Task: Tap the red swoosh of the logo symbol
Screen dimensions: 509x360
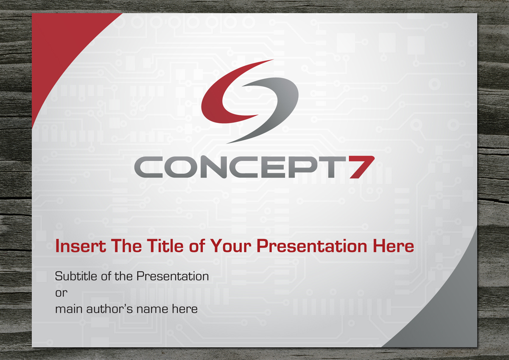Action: pyautogui.click(x=218, y=107)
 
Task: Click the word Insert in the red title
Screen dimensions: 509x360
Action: pyautogui.click(x=81, y=246)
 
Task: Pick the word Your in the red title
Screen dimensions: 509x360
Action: pyautogui.click(x=231, y=246)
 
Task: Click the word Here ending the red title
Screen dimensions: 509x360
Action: pyautogui.click(x=393, y=246)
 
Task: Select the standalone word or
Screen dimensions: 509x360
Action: pyautogui.click(x=62, y=293)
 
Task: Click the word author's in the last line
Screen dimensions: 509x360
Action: pyautogui.click(x=109, y=309)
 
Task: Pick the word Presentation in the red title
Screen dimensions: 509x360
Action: pyautogui.click(x=312, y=246)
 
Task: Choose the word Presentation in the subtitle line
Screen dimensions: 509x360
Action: pyautogui.click(x=173, y=276)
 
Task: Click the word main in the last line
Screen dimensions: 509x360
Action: pyautogui.click(x=69, y=309)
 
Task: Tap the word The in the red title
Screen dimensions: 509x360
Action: pyautogui.click(x=126, y=246)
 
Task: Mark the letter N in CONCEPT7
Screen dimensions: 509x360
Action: pyautogui.click(x=213, y=167)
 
